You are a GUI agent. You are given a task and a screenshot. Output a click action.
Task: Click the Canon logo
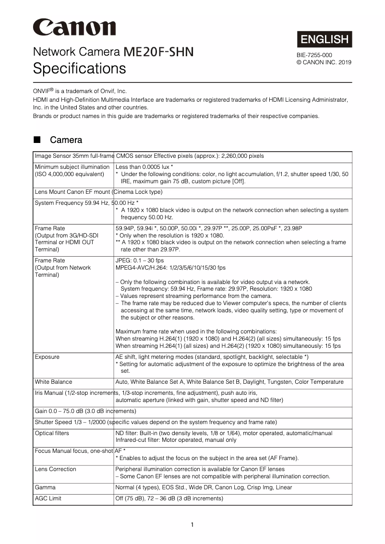tap(74, 27)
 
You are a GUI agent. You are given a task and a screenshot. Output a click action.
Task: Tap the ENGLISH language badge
tap(325, 39)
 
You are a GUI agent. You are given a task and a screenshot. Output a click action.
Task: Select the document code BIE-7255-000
tap(314, 55)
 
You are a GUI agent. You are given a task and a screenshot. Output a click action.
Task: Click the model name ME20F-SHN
tap(158, 52)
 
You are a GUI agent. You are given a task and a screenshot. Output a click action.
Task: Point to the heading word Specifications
tap(79, 69)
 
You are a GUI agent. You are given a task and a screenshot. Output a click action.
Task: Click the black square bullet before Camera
tap(37, 140)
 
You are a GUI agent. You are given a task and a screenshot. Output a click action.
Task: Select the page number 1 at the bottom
tap(192, 524)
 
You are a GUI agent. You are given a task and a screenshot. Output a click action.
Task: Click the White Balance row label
tap(53, 382)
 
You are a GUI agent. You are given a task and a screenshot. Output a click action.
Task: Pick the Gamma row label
tap(45, 487)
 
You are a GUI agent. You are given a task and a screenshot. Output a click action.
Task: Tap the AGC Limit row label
tap(48, 498)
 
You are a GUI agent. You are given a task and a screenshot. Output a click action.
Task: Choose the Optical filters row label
tap(52, 433)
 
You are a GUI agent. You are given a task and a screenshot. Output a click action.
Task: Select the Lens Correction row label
tap(55, 469)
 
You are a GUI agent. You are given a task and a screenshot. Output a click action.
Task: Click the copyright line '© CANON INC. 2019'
tap(324, 62)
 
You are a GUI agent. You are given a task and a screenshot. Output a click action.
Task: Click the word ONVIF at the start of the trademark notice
tap(41, 91)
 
